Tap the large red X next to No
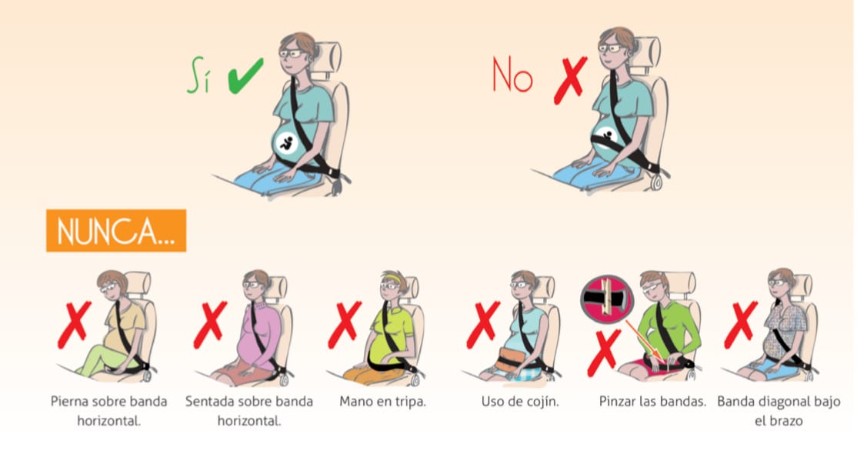570,80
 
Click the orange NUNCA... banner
116,230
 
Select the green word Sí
198,75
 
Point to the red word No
512,75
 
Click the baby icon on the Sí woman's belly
286,143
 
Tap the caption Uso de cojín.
520,402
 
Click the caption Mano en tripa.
382,402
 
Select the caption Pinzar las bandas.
652,402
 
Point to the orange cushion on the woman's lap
509,359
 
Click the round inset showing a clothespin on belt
607,298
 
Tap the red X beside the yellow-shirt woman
75,325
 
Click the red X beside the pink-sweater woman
210,325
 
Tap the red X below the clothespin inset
604,353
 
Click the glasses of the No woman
611,48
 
